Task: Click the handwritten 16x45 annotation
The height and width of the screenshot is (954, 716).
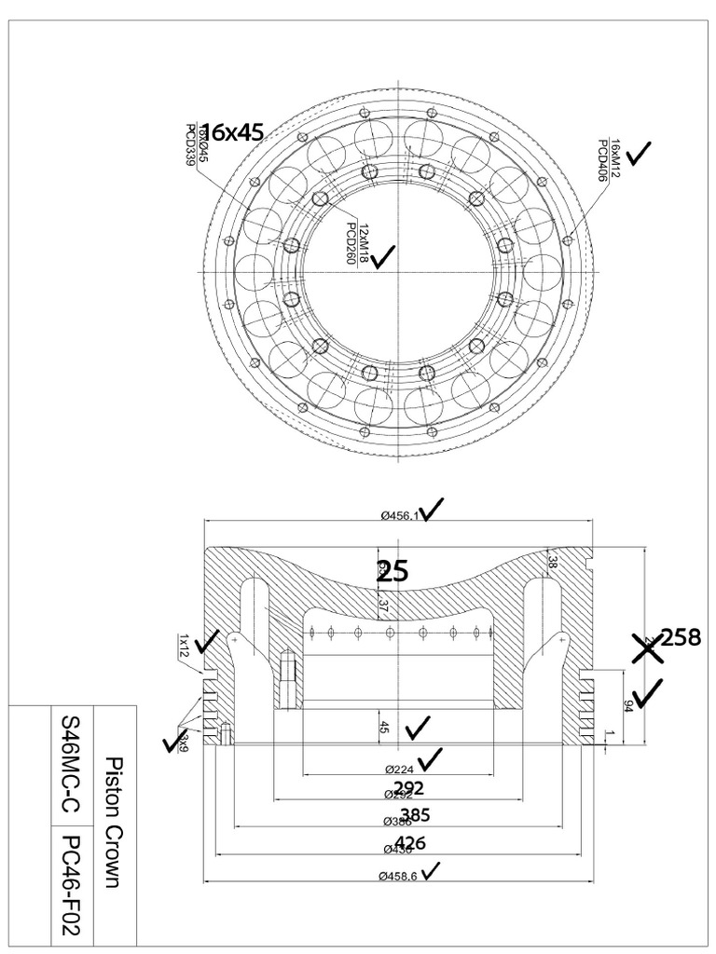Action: coord(232,132)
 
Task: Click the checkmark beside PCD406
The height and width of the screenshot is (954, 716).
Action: coord(640,153)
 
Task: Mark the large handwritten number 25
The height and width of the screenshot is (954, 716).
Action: coord(392,571)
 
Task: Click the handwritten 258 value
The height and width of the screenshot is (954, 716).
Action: coord(681,638)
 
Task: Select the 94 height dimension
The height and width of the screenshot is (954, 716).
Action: coord(628,705)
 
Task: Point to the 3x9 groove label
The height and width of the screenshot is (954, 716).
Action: coord(184,742)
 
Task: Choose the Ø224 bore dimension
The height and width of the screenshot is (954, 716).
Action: coord(400,770)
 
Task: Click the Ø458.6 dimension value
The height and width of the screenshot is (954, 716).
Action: coord(398,876)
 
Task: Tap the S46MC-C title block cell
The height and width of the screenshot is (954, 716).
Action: coord(71,764)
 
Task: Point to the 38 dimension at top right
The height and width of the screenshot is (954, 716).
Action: coord(552,562)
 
